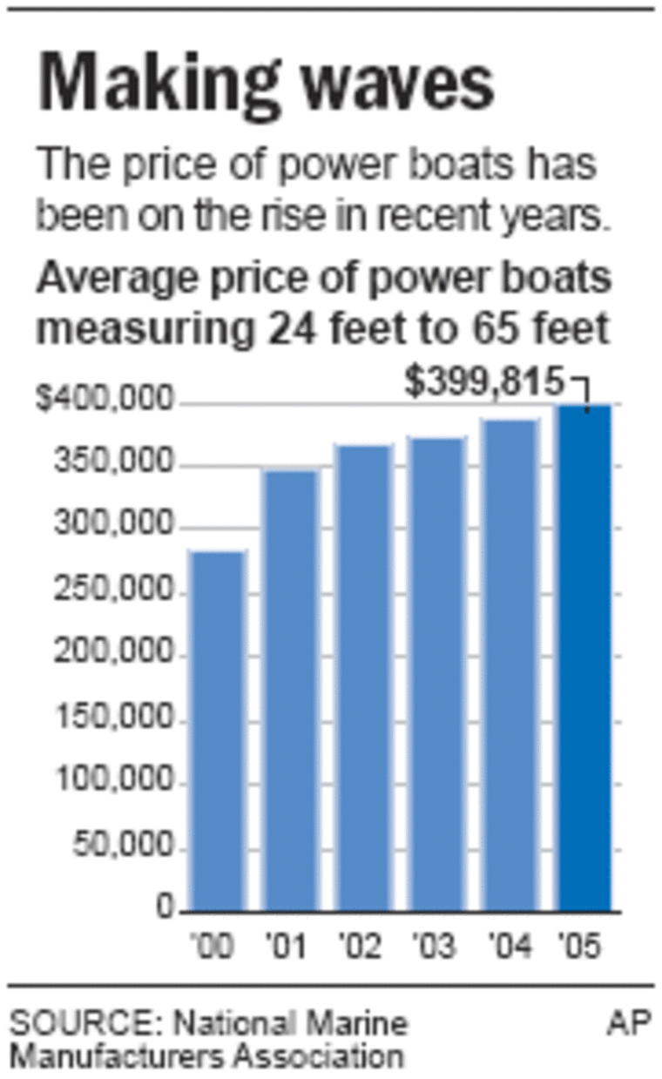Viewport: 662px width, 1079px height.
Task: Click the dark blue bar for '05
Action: pyautogui.click(x=584, y=658)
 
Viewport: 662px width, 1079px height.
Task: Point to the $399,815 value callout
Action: pyautogui.click(x=484, y=381)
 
